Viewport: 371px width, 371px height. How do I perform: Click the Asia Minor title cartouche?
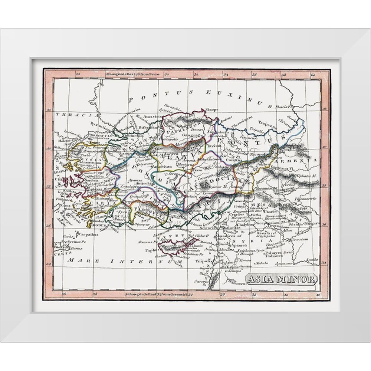point(281,279)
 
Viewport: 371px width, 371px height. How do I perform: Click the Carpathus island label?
point(88,234)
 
